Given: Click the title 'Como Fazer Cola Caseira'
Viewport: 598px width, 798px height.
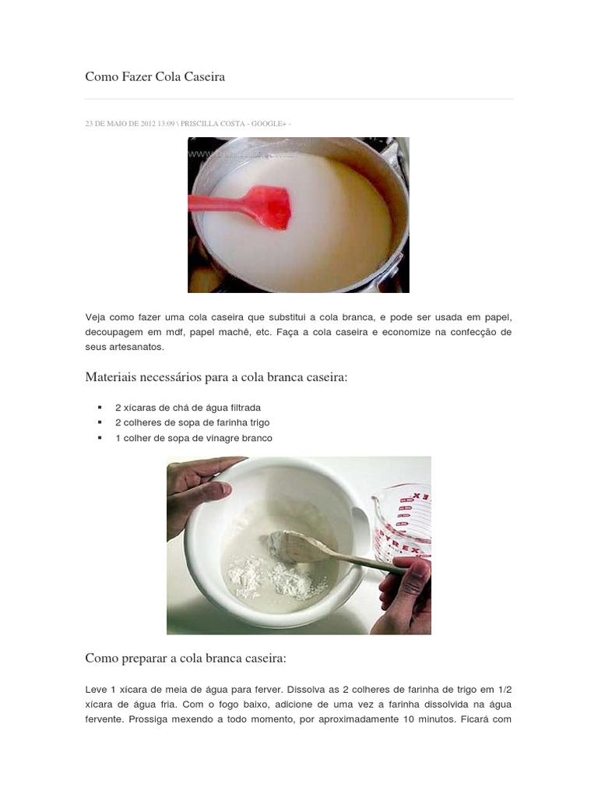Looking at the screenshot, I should pyautogui.click(x=155, y=77).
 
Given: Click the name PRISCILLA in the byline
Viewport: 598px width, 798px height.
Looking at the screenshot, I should pyautogui.click(x=204, y=124).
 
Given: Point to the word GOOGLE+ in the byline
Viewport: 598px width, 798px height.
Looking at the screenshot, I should pyautogui.click(x=269, y=124).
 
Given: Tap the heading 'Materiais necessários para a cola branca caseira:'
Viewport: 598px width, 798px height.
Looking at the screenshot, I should pyautogui.click(x=216, y=377).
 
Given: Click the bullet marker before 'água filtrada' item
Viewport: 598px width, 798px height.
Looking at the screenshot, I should pyautogui.click(x=100, y=408).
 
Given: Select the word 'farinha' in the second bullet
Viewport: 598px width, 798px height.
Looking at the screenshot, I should pyautogui.click(x=216, y=422).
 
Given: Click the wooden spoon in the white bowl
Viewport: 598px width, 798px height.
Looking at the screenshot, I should pyautogui.click(x=327, y=549).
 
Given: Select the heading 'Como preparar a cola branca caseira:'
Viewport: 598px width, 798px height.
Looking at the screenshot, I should pyautogui.click(x=186, y=659).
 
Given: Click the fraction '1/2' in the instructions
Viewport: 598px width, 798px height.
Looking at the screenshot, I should pyautogui.click(x=504, y=690).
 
